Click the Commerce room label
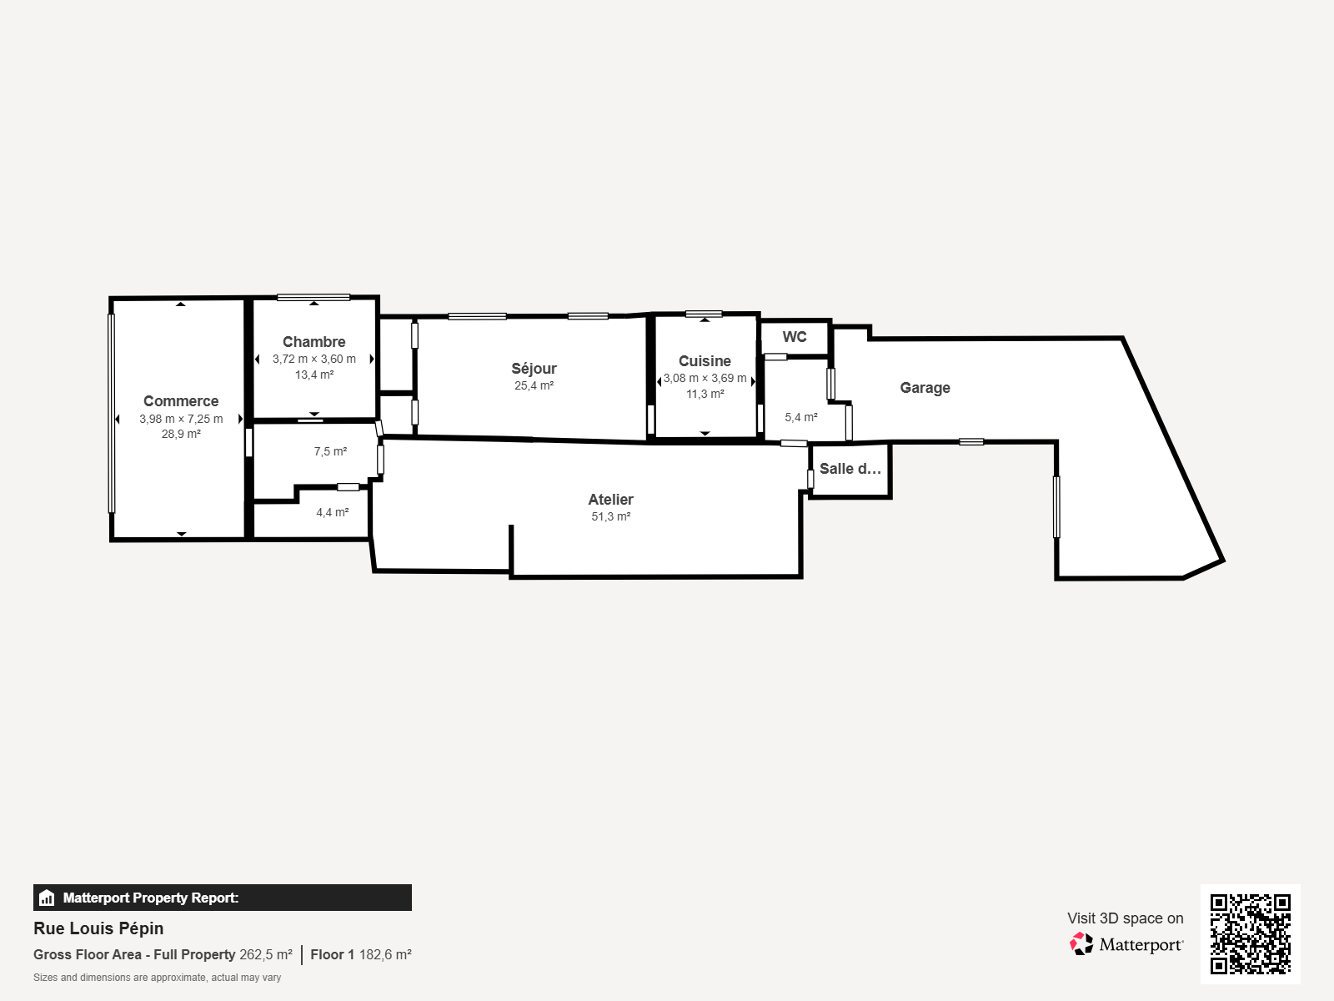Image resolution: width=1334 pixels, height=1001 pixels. click(181, 401)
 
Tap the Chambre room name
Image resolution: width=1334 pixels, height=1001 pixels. click(313, 341)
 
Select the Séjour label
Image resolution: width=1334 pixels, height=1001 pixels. click(534, 369)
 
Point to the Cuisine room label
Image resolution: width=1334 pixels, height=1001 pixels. click(705, 361)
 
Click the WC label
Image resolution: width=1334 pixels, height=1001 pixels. click(795, 337)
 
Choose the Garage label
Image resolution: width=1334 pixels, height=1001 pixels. click(925, 388)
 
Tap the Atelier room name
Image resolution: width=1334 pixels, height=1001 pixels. click(610, 500)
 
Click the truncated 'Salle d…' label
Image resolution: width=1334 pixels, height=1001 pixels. click(850, 469)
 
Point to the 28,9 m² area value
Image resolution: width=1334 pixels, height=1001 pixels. click(181, 434)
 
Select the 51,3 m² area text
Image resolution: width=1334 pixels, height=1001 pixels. click(611, 516)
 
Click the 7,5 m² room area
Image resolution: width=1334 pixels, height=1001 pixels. click(331, 451)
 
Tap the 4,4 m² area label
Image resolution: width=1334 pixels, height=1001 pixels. click(333, 512)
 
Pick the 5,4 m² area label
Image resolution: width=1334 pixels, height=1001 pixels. click(801, 418)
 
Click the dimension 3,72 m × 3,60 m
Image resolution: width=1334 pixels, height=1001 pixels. click(314, 360)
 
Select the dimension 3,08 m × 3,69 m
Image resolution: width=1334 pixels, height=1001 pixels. click(705, 378)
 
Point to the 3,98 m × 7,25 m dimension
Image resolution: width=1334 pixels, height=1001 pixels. click(181, 419)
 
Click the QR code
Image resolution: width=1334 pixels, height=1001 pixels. click(1250, 934)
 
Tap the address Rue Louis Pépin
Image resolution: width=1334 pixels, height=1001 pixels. click(98, 928)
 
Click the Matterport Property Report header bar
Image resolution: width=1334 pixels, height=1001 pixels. click(223, 898)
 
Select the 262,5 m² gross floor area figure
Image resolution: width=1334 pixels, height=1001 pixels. click(266, 955)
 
